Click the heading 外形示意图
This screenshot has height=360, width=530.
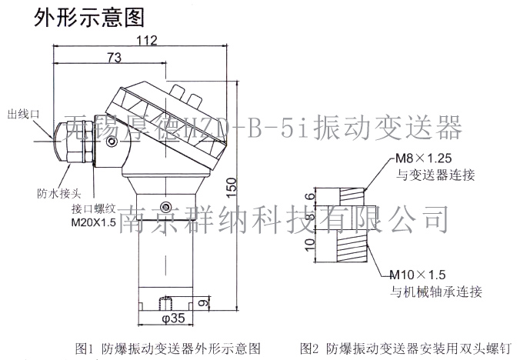[x=79, y=16]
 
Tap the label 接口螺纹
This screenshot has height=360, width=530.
[x=93, y=208]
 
